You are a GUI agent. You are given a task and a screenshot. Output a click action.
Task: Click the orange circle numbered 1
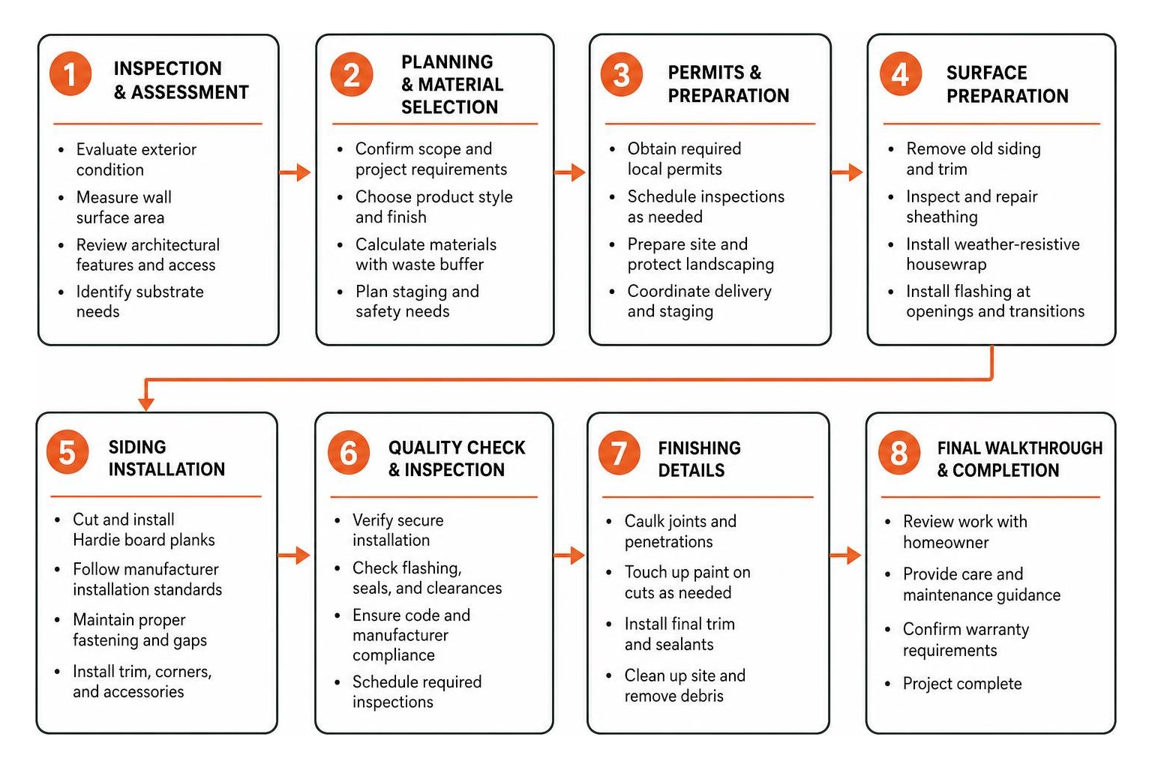tap(70, 74)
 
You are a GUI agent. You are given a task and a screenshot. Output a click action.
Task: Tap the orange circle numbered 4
tap(900, 74)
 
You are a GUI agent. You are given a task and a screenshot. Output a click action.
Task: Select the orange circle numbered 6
tap(349, 452)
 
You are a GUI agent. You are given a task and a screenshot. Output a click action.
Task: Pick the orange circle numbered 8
tap(899, 452)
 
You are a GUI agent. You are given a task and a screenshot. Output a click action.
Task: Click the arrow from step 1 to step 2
tap(295, 172)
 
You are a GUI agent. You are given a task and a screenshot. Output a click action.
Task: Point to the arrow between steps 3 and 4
tap(847, 172)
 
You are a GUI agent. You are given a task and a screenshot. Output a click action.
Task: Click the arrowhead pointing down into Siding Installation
tap(146, 403)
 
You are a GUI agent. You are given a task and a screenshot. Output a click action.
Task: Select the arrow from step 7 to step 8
tap(845, 555)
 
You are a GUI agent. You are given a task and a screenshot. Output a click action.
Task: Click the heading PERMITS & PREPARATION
tap(728, 84)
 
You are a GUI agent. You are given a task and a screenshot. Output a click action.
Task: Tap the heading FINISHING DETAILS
tap(700, 459)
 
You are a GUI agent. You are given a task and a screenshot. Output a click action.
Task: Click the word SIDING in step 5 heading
tap(137, 447)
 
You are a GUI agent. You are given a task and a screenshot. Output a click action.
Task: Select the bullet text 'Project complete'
tap(962, 684)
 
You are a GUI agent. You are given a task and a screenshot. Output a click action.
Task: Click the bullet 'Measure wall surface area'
tap(124, 207)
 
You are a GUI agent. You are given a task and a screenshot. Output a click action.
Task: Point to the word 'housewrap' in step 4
tap(946, 264)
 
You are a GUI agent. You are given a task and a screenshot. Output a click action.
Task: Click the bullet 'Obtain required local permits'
tap(684, 159)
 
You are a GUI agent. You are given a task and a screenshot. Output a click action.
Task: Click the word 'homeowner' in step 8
tap(946, 542)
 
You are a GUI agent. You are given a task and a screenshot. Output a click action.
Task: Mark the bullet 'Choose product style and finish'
tap(433, 207)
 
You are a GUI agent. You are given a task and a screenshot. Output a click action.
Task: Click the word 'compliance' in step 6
tap(394, 655)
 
